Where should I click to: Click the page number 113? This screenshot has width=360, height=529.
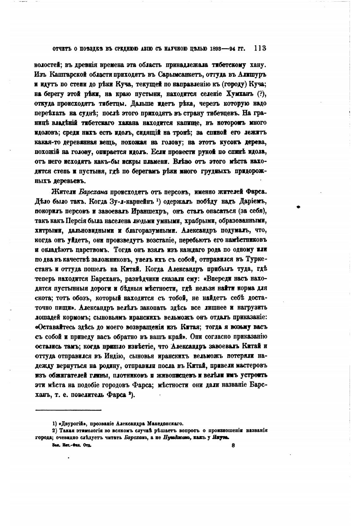coord(260,48)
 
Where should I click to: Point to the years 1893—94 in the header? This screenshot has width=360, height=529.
coord(224,49)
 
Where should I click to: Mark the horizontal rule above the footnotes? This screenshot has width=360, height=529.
coord(68,410)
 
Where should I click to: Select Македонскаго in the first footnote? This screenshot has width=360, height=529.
coord(165,423)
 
